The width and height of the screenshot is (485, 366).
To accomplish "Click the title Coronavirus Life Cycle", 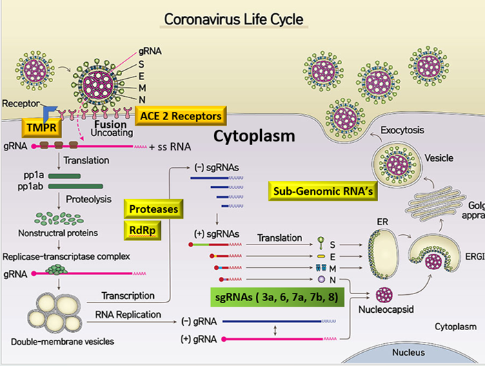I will pos(233,18).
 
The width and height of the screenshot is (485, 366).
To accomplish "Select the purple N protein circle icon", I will pos(321,280).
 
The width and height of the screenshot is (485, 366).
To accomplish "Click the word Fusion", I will pos(110,125).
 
